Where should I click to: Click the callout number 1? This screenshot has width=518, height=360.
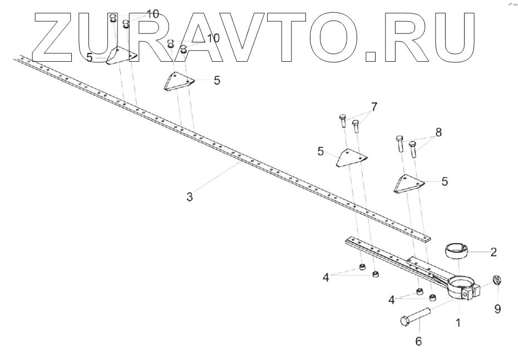[458, 322]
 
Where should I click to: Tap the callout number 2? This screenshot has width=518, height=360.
[493, 251]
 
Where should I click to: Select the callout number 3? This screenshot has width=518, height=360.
[190, 197]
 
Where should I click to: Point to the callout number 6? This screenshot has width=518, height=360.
[418, 341]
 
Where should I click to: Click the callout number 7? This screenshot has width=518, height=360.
[374, 106]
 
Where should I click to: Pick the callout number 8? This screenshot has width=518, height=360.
[438, 133]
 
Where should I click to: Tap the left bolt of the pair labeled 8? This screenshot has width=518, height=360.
[399, 144]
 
